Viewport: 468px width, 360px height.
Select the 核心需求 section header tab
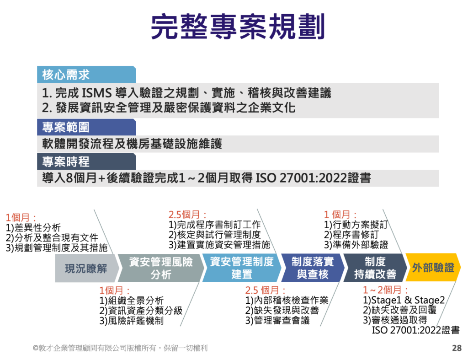click(x=86, y=75)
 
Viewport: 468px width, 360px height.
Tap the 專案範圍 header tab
click(x=86, y=127)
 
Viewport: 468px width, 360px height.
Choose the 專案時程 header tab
click(x=86, y=161)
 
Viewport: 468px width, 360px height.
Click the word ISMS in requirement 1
click(x=96, y=93)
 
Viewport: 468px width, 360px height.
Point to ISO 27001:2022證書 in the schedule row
click(x=313, y=178)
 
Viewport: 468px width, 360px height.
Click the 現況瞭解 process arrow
click(x=87, y=268)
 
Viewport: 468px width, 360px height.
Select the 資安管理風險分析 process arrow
click(x=160, y=268)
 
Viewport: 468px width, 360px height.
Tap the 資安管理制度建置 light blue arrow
click(x=242, y=268)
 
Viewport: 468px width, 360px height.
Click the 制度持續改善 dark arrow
click(x=375, y=268)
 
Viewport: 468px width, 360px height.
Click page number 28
click(x=457, y=348)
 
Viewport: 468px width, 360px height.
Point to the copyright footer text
click(x=120, y=348)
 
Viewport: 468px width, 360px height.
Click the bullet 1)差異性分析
click(x=33, y=228)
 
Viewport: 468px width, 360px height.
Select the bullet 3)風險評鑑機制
click(x=131, y=321)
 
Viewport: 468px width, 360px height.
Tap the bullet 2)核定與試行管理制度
click(x=215, y=235)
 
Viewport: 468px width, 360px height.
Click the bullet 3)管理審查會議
click(x=277, y=320)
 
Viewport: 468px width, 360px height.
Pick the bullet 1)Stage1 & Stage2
click(x=404, y=300)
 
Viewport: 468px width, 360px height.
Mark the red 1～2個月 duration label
click(x=385, y=290)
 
